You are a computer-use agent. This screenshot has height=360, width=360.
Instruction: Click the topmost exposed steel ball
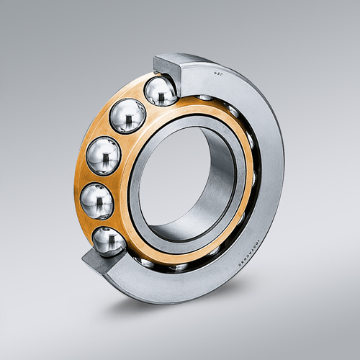161,92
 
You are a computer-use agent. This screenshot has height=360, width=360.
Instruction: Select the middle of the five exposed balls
104,155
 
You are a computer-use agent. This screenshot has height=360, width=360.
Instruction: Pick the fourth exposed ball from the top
96,202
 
